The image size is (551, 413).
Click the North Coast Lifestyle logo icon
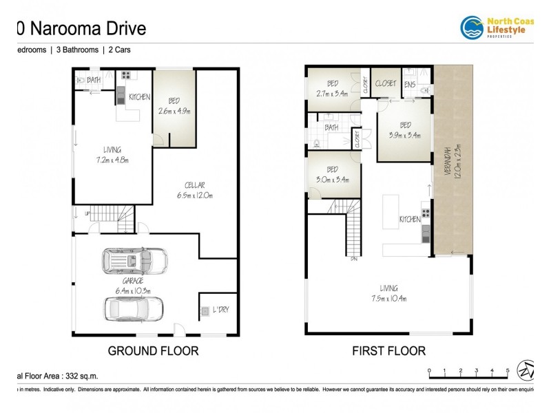(x=472, y=28)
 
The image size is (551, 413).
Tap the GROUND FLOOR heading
(x=153, y=351)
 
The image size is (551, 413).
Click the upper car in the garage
(x=134, y=260)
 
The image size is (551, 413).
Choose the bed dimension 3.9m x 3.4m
(x=405, y=136)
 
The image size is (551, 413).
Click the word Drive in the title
(x=122, y=28)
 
